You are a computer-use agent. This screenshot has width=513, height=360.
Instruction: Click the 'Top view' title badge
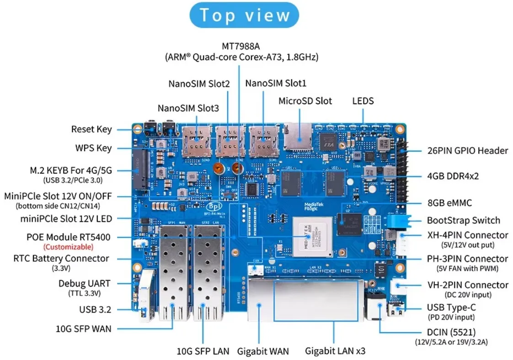tap(244, 15)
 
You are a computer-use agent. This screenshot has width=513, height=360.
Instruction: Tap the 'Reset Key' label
tap(91, 129)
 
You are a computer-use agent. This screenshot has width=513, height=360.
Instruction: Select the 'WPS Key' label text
tap(93, 148)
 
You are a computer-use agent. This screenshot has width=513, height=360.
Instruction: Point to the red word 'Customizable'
tap(68, 247)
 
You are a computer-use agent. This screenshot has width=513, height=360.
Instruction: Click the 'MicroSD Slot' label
tap(305, 101)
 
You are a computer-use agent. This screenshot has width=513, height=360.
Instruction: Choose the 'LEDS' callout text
tap(363, 101)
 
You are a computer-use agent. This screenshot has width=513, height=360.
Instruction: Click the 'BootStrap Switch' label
tap(463, 220)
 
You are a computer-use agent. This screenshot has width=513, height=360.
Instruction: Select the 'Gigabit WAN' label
tap(263, 351)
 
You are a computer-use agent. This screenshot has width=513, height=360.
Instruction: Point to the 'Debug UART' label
tap(84, 284)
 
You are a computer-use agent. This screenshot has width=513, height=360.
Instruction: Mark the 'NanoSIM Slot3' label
tap(188, 108)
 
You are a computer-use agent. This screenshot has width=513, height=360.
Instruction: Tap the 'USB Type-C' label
tap(450, 307)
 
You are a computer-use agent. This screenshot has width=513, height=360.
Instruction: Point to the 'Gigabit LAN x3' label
tap(335, 351)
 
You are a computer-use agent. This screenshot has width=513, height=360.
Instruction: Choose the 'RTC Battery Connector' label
tap(61, 258)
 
